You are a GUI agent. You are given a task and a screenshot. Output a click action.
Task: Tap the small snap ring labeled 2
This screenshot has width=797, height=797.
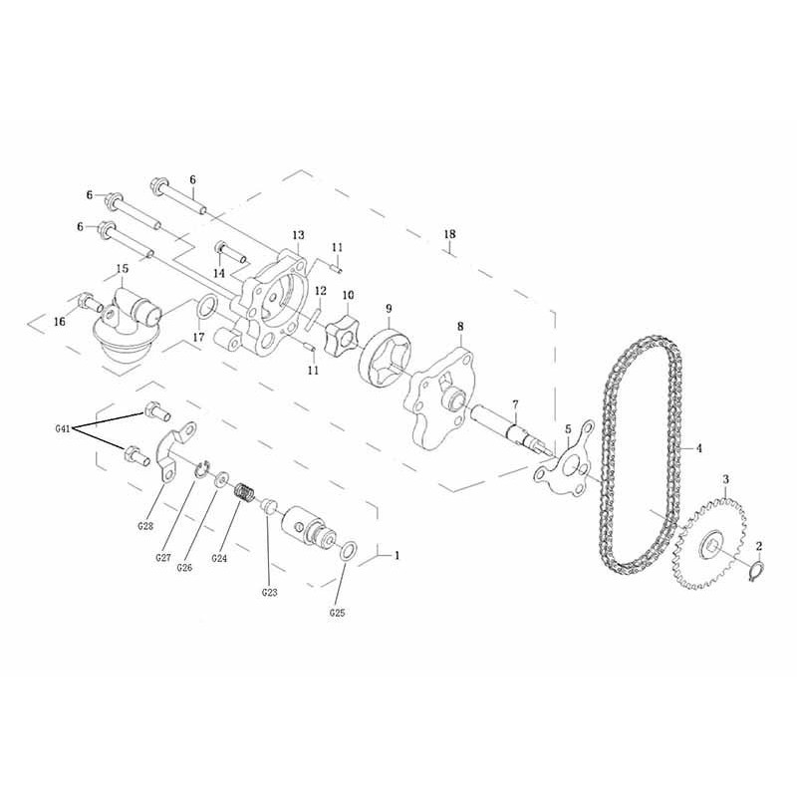(757, 571)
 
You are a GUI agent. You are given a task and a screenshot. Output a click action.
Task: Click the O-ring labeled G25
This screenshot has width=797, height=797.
(348, 551)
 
